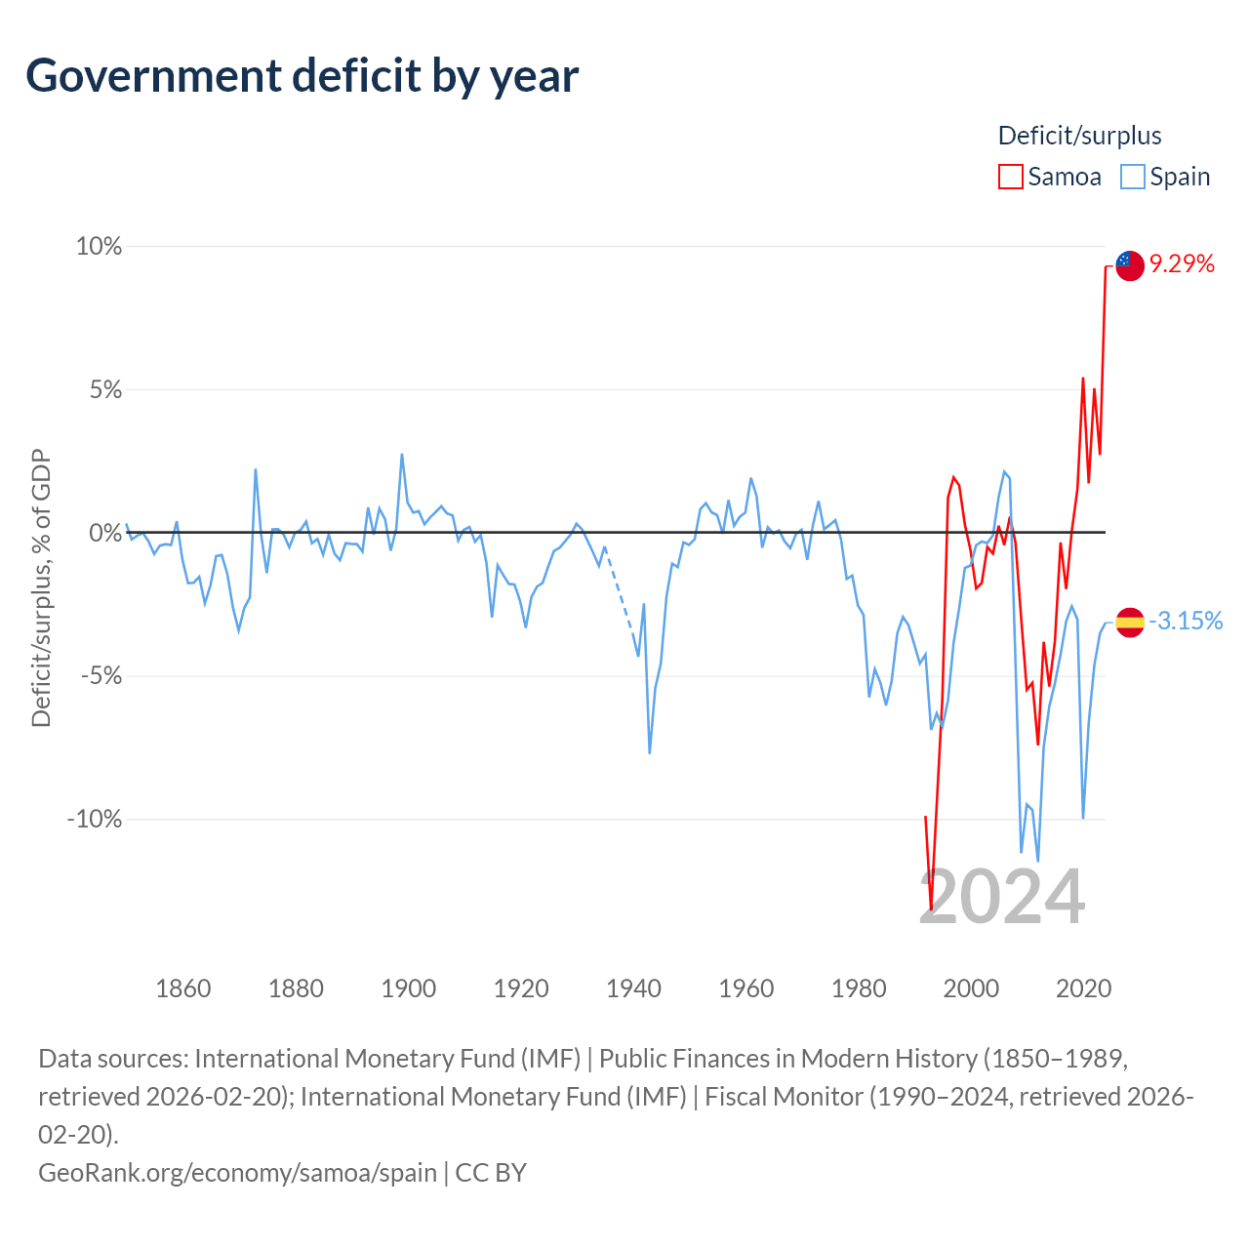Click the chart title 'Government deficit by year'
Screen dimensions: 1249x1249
click(x=302, y=76)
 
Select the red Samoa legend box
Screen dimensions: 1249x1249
click(x=1010, y=177)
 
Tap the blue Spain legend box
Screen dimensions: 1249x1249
click(x=1132, y=177)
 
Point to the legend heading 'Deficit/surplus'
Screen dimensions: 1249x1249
click(x=1079, y=136)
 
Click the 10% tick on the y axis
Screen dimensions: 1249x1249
click(x=99, y=246)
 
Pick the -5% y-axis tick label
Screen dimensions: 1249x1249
click(x=101, y=676)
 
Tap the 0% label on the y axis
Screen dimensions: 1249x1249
click(x=105, y=533)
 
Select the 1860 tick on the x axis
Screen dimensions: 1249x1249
click(x=183, y=988)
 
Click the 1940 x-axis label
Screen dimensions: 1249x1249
click(x=633, y=988)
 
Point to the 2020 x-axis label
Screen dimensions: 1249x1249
click(x=1083, y=988)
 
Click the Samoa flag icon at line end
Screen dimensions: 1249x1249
click(x=1130, y=265)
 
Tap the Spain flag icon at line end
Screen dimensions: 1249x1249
click(x=1130, y=623)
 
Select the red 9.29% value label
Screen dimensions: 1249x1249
click(x=1182, y=263)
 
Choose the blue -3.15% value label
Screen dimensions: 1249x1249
click(x=1186, y=621)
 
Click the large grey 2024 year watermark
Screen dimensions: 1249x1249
click(x=1001, y=897)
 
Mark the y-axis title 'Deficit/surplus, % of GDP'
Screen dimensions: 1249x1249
click(x=41, y=587)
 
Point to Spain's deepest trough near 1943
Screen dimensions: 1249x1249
click(x=650, y=752)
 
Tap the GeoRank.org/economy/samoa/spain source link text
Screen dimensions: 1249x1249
click(x=237, y=1173)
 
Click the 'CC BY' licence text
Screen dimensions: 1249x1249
click(x=491, y=1173)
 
